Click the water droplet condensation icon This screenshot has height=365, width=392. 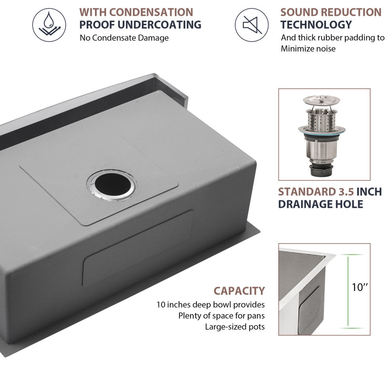pos(49,25)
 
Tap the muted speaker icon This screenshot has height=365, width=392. pos(251,25)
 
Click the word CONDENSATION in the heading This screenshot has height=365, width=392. pos(151,12)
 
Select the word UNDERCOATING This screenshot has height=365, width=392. pos(159,25)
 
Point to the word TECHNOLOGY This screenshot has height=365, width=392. pos(316,25)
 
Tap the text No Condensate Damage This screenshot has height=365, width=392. pos(124,38)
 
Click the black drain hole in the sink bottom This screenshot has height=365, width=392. pos(113,184)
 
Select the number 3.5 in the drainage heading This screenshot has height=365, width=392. pos(346,192)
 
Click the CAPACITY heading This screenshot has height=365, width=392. pos(239,291)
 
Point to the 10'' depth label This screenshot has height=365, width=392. pos(360,287)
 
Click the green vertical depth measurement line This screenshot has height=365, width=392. pos(348,291)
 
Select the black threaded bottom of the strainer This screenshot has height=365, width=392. pos(321,170)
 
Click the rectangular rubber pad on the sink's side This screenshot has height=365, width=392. pos(138,248)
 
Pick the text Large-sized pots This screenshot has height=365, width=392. pos(235,327)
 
